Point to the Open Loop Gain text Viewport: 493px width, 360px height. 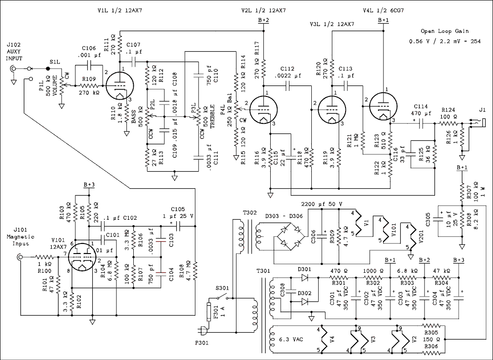click(444, 32)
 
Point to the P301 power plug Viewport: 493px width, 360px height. click(201, 332)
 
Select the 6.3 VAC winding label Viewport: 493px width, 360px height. click(292, 340)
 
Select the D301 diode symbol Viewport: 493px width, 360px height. click(313, 277)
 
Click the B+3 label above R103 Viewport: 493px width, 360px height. click(89, 184)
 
